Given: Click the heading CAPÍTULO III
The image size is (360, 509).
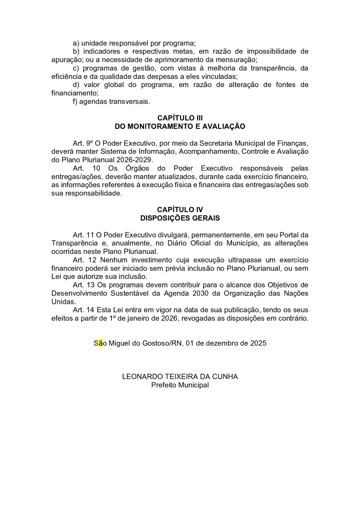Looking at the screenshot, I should tap(180, 118).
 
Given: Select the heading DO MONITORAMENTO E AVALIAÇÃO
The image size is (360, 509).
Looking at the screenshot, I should tap(180, 126).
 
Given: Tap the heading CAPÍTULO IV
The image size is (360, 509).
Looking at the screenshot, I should tap(180, 210).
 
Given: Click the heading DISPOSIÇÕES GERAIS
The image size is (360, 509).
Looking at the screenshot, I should tap(180, 218).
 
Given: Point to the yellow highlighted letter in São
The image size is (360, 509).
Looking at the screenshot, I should tap(100, 343).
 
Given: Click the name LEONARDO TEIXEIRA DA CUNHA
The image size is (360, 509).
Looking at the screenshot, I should tap(180, 377).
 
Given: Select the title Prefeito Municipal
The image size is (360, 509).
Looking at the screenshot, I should tap(180, 385).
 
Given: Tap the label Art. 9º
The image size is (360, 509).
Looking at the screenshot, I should tap(83, 143).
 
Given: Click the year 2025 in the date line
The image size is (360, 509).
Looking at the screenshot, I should tap(258, 343).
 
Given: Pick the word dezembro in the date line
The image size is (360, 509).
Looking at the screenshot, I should tap(218, 343).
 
